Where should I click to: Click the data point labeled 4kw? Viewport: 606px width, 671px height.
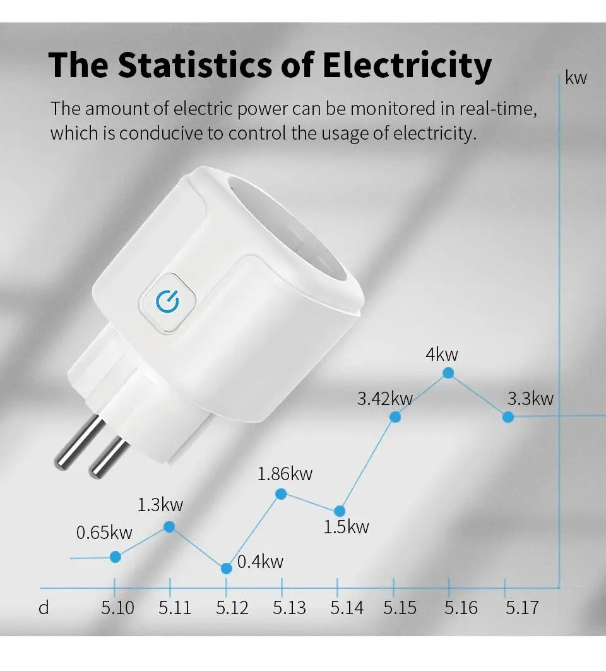tap(448, 373)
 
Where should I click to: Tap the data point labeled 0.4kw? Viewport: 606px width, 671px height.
tap(227, 568)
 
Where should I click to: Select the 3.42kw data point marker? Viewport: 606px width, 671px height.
tap(395, 416)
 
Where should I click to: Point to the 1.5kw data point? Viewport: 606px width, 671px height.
tap(340, 511)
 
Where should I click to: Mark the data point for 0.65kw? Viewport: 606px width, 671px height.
tap(116, 557)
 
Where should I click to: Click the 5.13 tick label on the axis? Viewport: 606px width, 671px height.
tap(289, 608)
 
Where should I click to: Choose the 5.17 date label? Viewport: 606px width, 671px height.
tap(522, 608)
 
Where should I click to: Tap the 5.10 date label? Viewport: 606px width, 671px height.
tap(117, 608)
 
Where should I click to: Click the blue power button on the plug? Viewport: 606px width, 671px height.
tap(167, 303)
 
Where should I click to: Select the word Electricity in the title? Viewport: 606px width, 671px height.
tap(407, 65)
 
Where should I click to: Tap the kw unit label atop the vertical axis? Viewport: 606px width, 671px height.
tap(576, 78)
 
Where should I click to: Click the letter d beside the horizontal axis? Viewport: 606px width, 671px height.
tap(44, 608)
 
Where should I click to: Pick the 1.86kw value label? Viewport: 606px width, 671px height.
tap(285, 473)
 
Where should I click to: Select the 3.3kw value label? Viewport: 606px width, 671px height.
tap(530, 398)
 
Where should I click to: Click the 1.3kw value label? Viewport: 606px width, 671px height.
tap(160, 504)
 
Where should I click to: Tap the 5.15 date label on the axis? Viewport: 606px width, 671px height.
tap(400, 608)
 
